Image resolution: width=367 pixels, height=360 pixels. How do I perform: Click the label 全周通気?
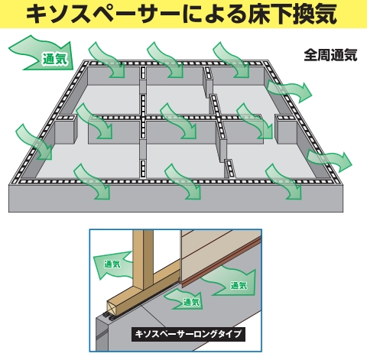(330, 55)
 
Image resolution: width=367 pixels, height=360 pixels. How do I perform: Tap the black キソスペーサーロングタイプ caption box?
(188, 334)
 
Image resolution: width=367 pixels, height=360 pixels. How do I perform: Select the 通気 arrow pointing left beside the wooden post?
(112, 265)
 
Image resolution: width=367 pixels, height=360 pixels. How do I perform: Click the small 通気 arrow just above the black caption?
(185, 300)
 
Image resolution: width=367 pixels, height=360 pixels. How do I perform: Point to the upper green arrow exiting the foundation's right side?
(289, 90)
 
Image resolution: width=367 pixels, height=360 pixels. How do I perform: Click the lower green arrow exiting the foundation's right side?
(330, 160)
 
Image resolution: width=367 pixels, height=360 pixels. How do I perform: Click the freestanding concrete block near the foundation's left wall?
(66, 128)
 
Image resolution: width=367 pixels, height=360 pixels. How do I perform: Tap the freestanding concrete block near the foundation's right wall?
(287, 128)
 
